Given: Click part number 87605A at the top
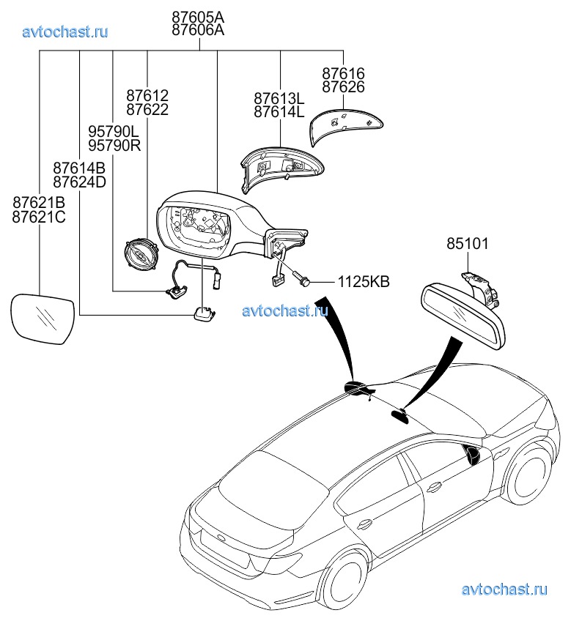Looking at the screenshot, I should tap(198, 16).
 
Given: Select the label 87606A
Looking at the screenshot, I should tap(198, 30).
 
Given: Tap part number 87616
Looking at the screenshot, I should tap(343, 74).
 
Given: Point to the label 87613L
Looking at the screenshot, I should tap(279, 98).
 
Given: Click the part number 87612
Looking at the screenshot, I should tap(147, 96).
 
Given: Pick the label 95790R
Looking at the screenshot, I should tap(114, 145).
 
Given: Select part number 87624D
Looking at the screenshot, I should tap(79, 182).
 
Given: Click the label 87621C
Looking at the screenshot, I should tap(39, 216).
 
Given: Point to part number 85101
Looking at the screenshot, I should tap(467, 244).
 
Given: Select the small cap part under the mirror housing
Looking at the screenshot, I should tap(204, 313).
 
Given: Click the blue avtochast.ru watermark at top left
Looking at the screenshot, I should tap(65, 31).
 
